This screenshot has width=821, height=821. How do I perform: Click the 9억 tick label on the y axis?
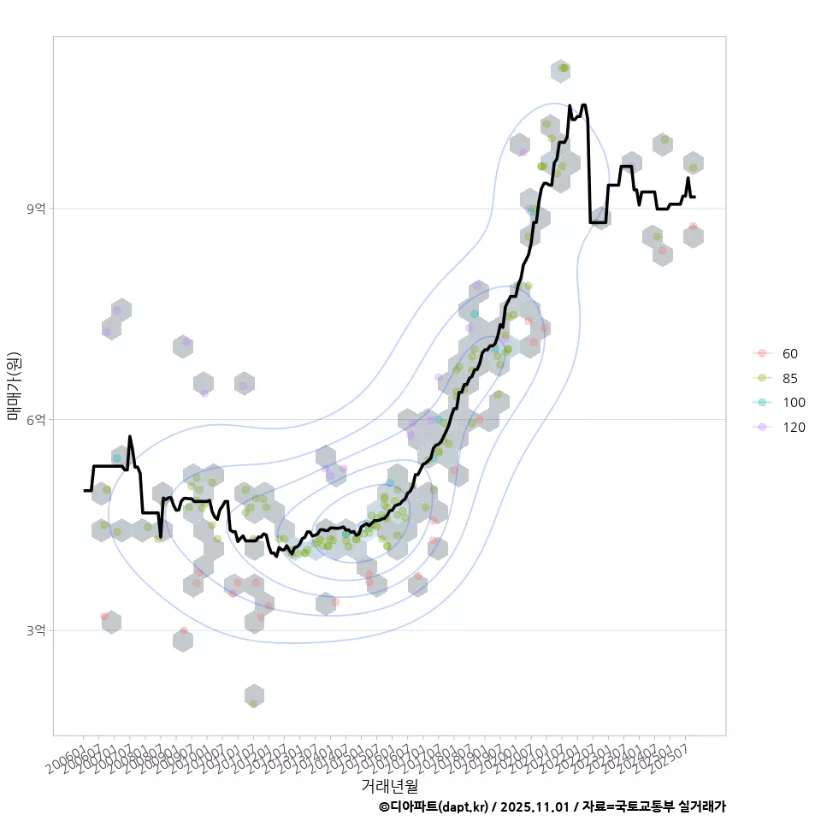tap(37, 209)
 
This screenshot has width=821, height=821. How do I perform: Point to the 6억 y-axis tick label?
tap(37, 419)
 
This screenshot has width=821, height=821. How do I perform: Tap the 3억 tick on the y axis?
tap(37, 630)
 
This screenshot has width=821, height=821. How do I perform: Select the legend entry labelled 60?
tap(789, 354)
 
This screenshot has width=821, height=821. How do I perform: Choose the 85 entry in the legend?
tap(789, 378)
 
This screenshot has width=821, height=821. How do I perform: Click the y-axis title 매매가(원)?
tap(13, 386)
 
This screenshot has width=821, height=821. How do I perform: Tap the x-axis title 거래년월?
tap(389, 784)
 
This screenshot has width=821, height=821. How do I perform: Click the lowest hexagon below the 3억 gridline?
tap(253, 695)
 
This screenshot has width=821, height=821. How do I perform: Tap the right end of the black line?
tap(695, 197)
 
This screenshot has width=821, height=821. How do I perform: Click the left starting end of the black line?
tap(85, 490)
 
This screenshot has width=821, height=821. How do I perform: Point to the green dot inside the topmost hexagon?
tap(563, 68)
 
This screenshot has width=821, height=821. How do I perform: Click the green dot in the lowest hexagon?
tap(253, 704)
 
